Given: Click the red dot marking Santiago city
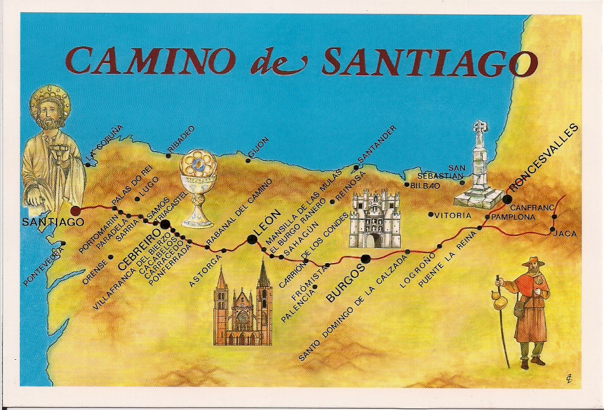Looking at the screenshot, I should point(76,210).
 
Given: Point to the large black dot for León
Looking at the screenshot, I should point(252,240).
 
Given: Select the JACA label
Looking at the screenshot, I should point(565,234).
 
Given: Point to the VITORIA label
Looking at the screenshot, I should point(453,215).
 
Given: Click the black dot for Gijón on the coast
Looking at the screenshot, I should point(248,152).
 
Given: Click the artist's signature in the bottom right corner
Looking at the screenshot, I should point(567,379).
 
